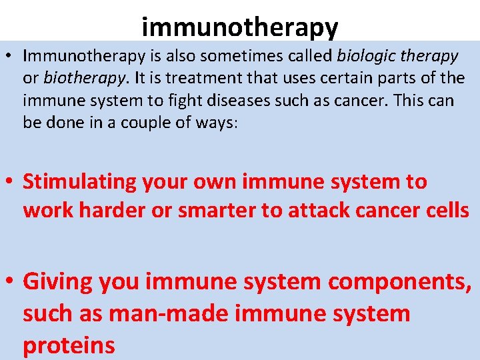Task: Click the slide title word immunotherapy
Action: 240,27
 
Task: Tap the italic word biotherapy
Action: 85,78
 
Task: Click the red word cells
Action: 447,210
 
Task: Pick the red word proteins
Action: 69,345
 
